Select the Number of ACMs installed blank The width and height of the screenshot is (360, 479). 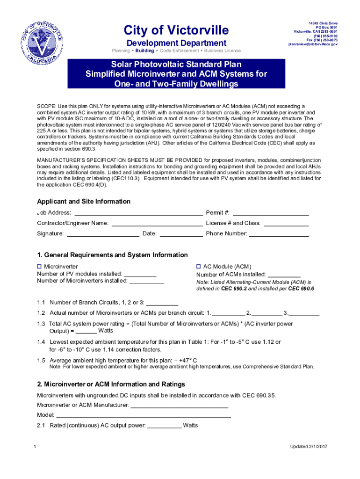[x=284, y=275]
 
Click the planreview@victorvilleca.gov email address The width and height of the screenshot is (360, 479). [x=313, y=44]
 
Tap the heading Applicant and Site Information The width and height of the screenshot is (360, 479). [x=84, y=202]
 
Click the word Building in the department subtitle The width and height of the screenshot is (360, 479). [x=144, y=51]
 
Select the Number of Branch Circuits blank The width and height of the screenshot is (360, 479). [x=162, y=302]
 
